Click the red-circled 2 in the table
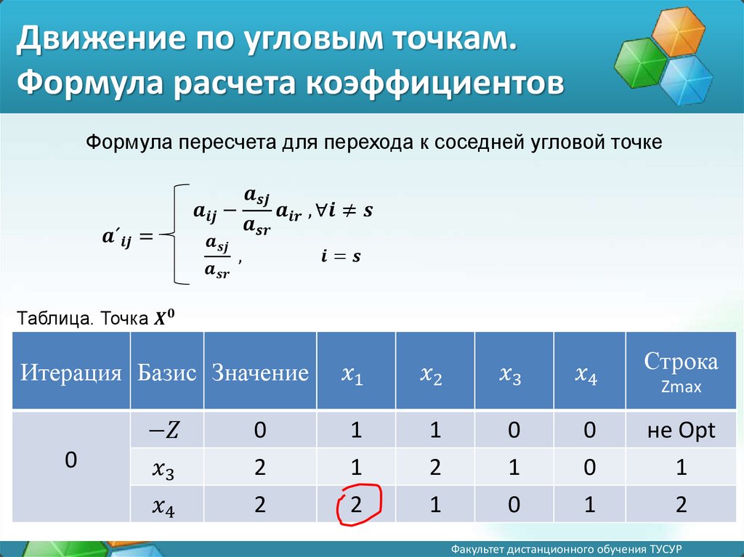356,504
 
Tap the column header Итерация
70,372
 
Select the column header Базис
166,372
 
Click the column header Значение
260,372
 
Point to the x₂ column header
431,375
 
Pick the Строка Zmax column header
681,372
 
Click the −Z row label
163,430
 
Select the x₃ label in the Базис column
163,470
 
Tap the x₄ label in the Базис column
163,507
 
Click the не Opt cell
681,431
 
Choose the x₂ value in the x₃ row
435,468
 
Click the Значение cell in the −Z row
260,430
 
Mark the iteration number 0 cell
70,460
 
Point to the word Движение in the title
100,38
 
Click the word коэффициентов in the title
434,83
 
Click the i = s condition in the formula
341,256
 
